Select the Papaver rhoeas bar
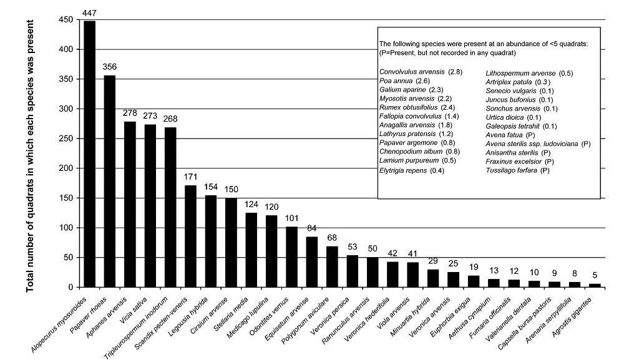pyautogui.click(x=110, y=181)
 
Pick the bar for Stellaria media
pyautogui.click(x=251, y=250)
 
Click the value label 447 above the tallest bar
pyautogui.click(x=90, y=13)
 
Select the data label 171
pyautogui.click(x=191, y=178)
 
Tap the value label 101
pyautogui.click(x=292, y=220)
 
